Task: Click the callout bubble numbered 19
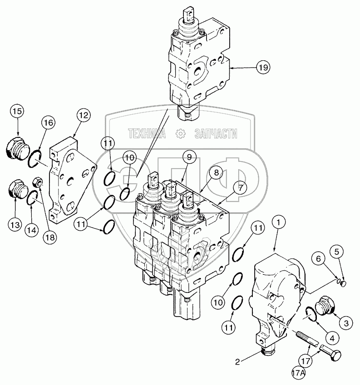coord(262,67)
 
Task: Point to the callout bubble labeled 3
coord(346,323)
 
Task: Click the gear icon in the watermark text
coord(180,133)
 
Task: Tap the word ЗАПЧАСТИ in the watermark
coord(216,133)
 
